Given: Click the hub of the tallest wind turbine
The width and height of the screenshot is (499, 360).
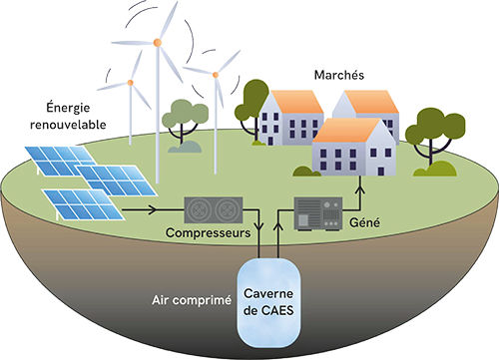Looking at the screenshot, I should pyautogui.click(x=157, y=43).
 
